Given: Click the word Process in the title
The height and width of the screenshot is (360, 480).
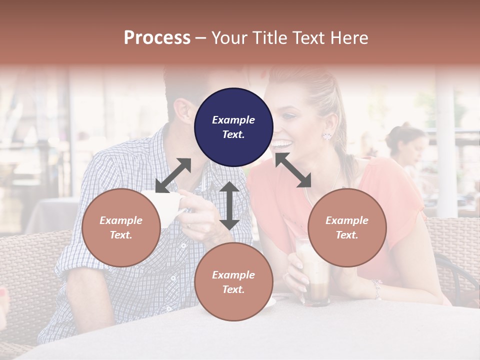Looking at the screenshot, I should coord(157,38).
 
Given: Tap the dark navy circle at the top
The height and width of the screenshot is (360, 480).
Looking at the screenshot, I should coord(233,127).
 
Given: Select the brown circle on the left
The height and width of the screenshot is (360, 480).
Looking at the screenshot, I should coord(121,227).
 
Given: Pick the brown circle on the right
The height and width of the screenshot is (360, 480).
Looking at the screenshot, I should coord(347,227).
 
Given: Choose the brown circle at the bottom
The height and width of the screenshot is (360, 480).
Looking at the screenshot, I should coord(233,281).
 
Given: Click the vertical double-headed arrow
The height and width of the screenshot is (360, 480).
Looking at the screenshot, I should coord(229,205).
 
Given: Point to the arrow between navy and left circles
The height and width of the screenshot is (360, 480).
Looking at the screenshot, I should coord(173,175).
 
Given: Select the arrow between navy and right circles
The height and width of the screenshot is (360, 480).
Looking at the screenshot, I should coord(293,170).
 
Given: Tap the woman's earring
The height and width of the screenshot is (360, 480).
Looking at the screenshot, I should coord(328,135).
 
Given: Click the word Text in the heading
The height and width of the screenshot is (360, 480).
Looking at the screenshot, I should coord(309,38).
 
